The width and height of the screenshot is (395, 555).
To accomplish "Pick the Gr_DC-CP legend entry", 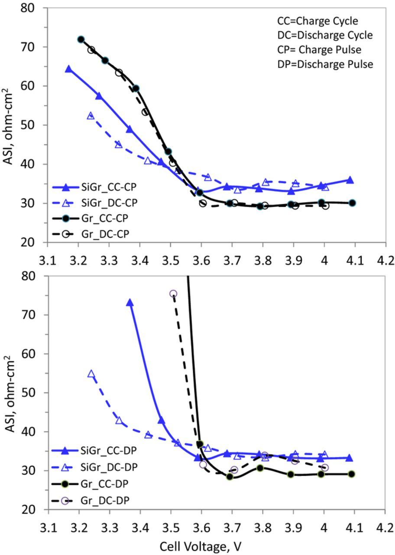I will (87, 234).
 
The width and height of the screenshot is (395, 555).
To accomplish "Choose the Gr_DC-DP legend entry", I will (87, 500).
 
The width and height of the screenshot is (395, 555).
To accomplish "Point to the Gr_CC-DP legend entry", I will (87, 484).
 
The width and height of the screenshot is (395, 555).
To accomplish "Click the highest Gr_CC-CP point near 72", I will (81, 39).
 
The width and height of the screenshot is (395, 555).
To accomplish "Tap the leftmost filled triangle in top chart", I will (68, 69).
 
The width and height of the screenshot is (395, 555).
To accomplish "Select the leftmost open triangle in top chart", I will (91, 116).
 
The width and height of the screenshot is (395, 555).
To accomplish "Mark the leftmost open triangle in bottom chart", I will (91, 374).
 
